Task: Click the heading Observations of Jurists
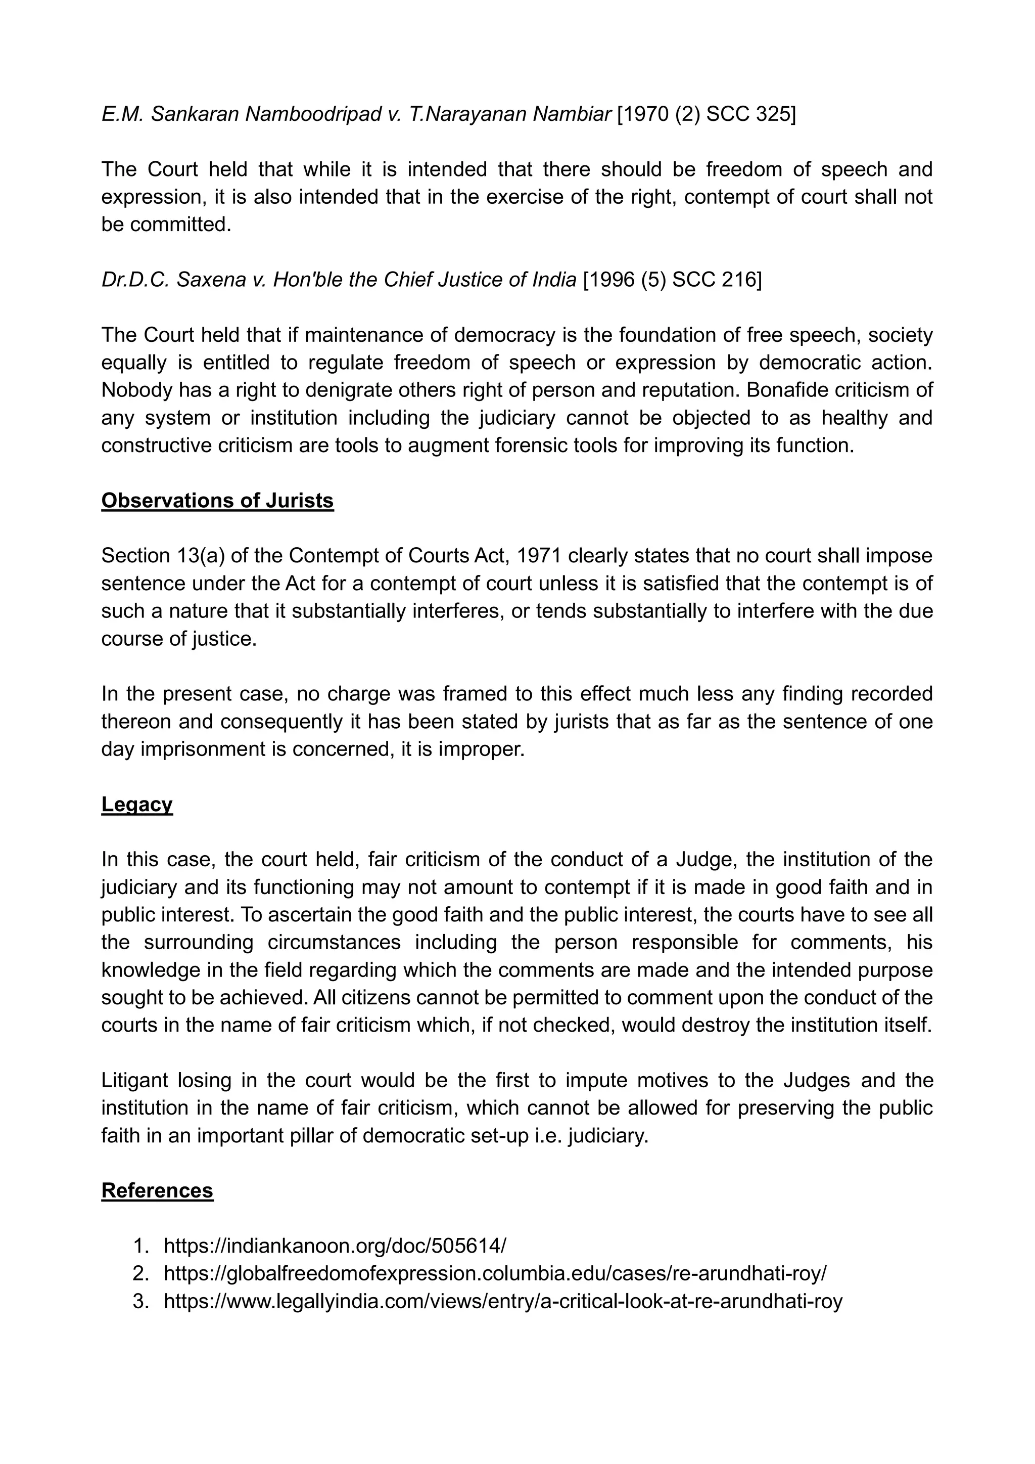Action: (217, 501)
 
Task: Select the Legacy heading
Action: (137, 805)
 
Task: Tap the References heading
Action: (157, 1190)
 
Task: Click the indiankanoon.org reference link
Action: (335, 1246)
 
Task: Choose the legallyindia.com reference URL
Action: (503, 1301)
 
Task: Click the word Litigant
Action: (134, 1080)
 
